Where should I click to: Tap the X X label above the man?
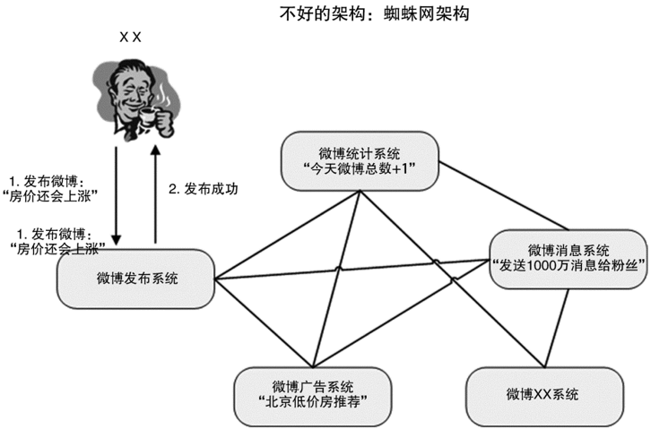[x=131, y=38]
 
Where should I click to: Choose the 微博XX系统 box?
[x=542, y=394]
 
